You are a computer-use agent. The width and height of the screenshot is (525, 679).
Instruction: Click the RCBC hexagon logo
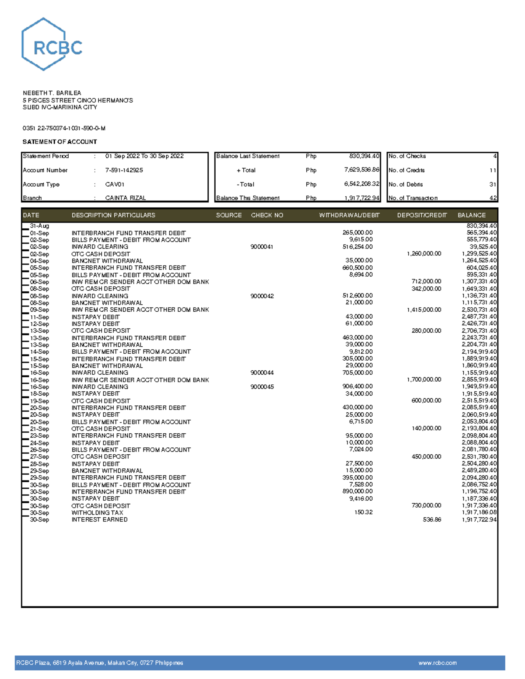51,45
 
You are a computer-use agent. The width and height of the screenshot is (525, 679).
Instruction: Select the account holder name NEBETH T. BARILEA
52,93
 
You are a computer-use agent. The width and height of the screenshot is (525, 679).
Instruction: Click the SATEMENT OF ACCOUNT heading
59,142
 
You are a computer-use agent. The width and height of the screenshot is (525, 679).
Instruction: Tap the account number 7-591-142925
124,170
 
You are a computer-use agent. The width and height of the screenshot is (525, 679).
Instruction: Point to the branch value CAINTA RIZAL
126,198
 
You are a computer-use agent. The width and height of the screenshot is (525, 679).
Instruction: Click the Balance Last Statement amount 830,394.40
364,156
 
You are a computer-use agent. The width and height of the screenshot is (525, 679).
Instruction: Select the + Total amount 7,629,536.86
361,170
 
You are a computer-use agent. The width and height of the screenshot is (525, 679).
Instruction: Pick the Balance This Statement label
248,198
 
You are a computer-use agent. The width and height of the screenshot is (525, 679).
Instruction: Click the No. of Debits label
406,185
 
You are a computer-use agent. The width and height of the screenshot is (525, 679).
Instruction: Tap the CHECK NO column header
267,215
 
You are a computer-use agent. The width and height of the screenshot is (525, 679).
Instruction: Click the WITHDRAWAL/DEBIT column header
349,215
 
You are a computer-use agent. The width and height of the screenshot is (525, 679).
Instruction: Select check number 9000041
262,247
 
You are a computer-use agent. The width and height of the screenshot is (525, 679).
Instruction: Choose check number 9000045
262,387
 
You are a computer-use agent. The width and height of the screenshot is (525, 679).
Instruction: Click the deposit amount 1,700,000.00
424,380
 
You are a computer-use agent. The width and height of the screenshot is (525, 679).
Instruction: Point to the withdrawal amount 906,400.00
357,387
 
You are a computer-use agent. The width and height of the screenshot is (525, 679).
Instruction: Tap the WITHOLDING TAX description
97,512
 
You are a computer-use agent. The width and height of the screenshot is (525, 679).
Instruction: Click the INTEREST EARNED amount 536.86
432,519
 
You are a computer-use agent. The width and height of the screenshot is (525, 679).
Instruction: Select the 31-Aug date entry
39,226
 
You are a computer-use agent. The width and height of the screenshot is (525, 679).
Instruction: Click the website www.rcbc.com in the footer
437,663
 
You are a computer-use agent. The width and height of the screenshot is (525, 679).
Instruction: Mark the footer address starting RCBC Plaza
99,663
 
